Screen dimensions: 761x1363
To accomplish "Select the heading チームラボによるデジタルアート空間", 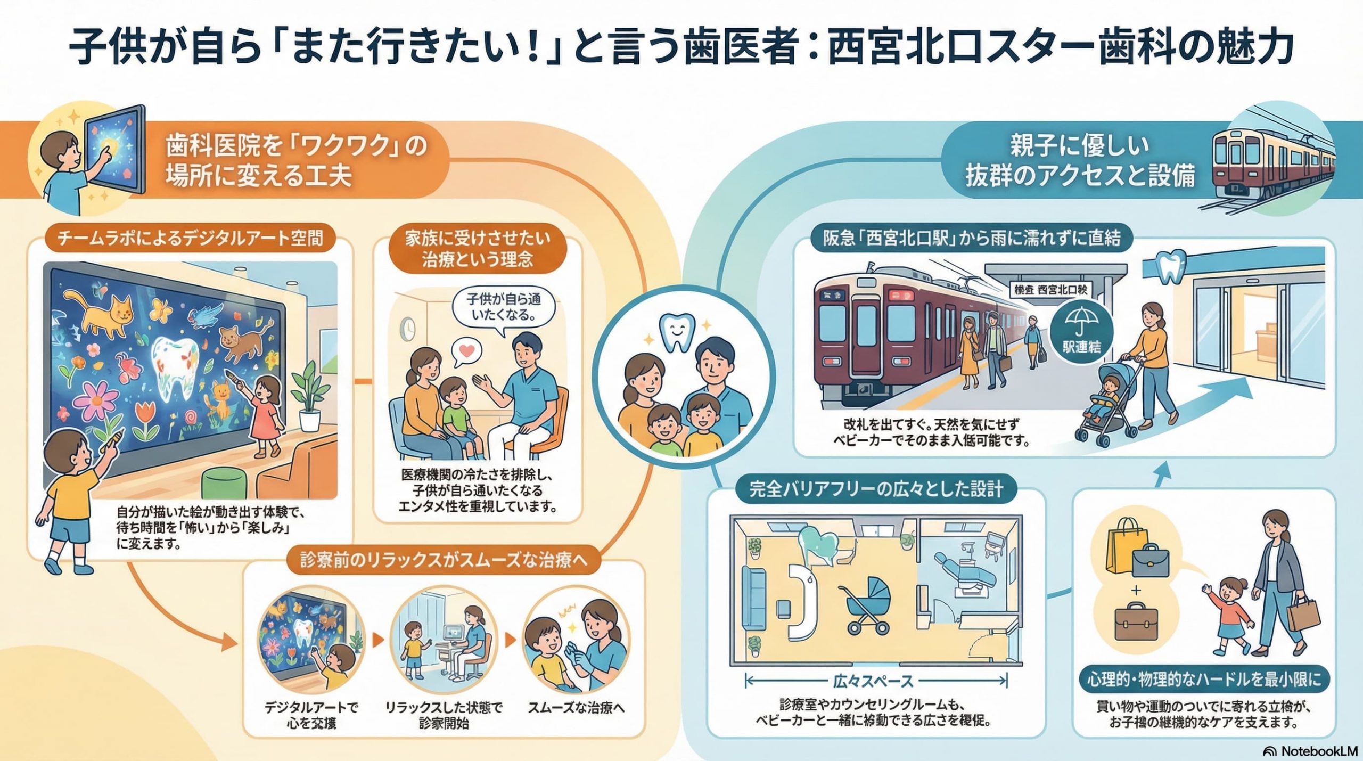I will point(190,238).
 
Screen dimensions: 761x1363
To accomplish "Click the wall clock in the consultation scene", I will point(408,329).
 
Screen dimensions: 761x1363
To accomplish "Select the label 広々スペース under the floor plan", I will point(873,681).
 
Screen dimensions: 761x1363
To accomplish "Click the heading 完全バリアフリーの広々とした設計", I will point(876,489).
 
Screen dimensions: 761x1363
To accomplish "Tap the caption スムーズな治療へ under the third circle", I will point(576,708).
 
